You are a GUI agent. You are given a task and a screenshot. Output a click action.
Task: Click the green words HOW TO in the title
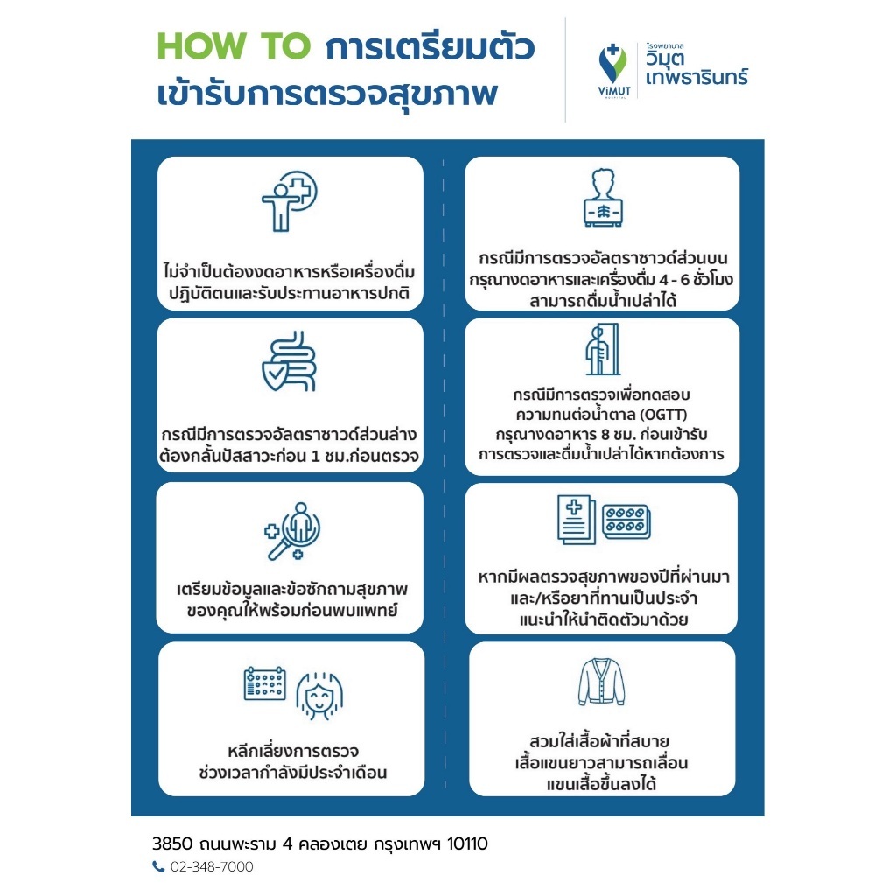coord(234,48)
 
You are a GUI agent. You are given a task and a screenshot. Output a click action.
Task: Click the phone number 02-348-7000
coord(212,866)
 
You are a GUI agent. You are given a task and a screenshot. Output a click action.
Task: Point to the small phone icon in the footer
coord(158,866)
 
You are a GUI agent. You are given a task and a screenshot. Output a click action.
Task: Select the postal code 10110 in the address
coord(467,844)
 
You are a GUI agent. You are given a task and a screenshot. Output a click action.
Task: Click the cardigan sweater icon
coord(604,682)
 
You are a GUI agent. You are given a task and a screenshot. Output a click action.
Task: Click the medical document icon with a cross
coord(577,521)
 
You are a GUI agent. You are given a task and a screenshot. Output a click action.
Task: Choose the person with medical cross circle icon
coord(290,199)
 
